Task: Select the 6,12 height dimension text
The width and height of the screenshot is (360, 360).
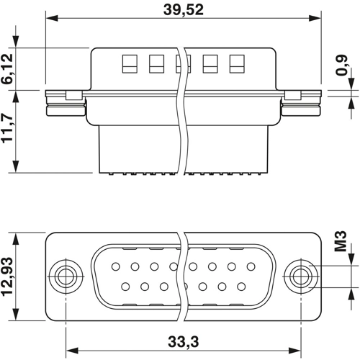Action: (9, 69)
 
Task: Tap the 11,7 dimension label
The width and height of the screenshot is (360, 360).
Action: (9, 131)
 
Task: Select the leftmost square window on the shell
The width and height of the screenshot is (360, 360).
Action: (128, 63)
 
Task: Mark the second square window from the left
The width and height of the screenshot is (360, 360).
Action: (154, 63)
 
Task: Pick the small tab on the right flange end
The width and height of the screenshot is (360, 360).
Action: (292, 95)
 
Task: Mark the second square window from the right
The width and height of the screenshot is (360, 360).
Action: (209, 63)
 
